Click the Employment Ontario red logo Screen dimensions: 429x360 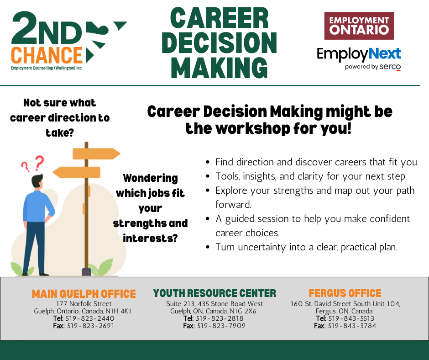coord(359,26)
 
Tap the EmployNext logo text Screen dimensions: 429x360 coord(359,54)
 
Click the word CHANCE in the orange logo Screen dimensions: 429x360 coord(47,55)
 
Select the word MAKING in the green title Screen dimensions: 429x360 coord(219,68)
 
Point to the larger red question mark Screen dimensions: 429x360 coord(39,163)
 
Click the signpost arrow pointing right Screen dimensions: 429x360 coord(96,154)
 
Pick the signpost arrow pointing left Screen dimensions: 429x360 coord(76,172)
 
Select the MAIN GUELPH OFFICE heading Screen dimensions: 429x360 coord(84,294)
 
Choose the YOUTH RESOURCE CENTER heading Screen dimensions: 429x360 coord(214,293)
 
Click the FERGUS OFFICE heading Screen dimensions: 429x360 coord(345,293)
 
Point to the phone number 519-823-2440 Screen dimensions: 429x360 coord(90,318)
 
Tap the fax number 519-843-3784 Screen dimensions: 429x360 coord(352,326)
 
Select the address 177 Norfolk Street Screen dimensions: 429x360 coord(84,304)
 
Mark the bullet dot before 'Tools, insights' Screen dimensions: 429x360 coord(208,176)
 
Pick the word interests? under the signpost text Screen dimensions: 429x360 coord(150,238)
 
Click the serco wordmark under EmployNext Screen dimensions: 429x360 coord(390,67)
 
